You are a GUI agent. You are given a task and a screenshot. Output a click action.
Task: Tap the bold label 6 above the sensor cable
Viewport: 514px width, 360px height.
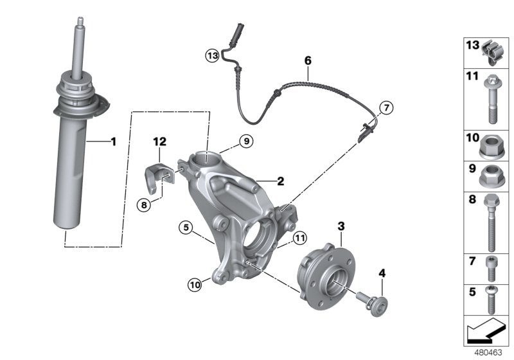click(x=308, y=61)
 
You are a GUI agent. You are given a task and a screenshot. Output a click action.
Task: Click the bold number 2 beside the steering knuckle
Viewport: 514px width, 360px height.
click(x=281, y=182)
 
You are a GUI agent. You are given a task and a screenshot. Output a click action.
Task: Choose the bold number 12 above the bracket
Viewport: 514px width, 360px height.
click(x=159, y=140)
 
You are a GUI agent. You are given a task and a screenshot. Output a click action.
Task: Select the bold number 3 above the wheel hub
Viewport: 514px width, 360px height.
click(x=341, y=226)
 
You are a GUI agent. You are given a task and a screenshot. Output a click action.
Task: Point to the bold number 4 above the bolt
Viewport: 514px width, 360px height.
click(x=382, y=273)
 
